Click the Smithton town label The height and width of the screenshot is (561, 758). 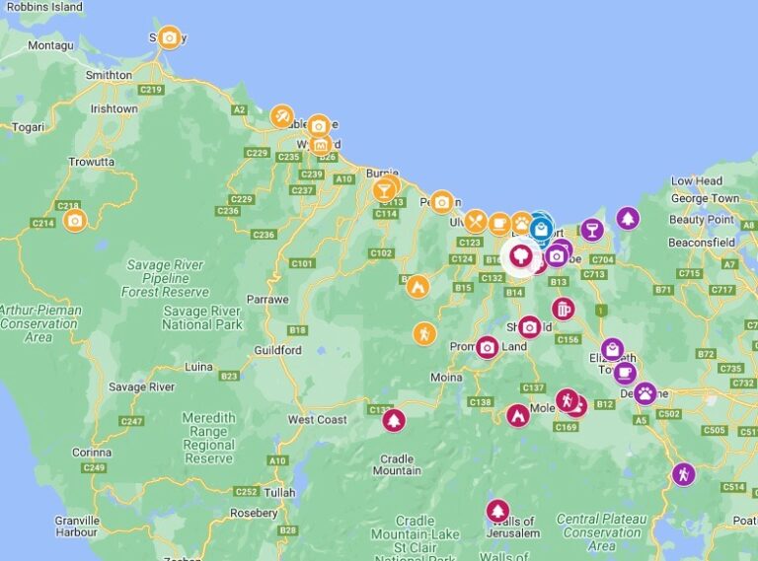click(109, 75)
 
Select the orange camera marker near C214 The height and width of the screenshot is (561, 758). click(75, 219)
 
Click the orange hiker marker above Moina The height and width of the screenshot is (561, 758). click(424, 333)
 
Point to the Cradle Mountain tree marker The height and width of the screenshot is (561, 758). click(394, 420)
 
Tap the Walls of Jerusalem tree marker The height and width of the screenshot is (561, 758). click(497, 510)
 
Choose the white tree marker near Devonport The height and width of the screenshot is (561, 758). click(520, 256)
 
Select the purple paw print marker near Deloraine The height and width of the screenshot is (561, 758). click(644, 393)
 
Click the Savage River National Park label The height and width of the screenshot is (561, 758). click(201, 317)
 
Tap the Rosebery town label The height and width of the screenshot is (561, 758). click(253, 513)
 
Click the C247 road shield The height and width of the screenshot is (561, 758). click(131, 421)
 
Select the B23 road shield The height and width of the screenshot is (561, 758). click(229, 376)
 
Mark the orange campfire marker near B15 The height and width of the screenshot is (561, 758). click(417, 287)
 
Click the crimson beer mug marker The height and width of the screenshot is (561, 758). click(563, 309)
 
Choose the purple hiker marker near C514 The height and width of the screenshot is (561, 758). click(683, 474)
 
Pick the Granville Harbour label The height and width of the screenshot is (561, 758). click(77, 526)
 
